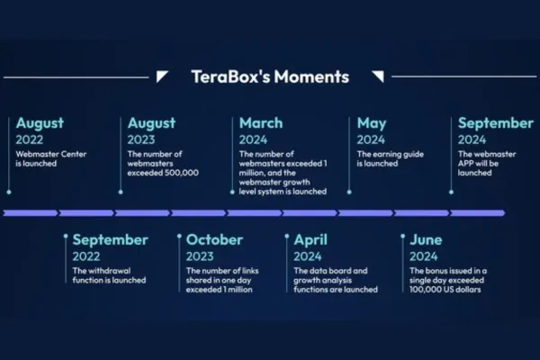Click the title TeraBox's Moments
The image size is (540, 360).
coord(270,76)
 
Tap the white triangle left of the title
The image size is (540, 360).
coord(161,76)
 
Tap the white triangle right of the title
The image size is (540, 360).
coord(379,76)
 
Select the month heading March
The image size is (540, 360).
coord(261,123)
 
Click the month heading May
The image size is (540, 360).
coord(372,123)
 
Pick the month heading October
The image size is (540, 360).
coord(214,239)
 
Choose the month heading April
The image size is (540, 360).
coord(310,240)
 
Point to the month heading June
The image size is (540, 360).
coord(426,239)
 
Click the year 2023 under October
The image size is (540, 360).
coord(200,256)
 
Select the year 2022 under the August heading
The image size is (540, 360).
coord(30,139)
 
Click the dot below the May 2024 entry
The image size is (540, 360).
coord(349,192)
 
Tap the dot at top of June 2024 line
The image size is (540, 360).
coord(402,236)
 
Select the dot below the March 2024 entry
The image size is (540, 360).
coord(232,192)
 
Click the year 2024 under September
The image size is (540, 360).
coord(472,139)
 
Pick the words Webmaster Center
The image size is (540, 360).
coord(51,154)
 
